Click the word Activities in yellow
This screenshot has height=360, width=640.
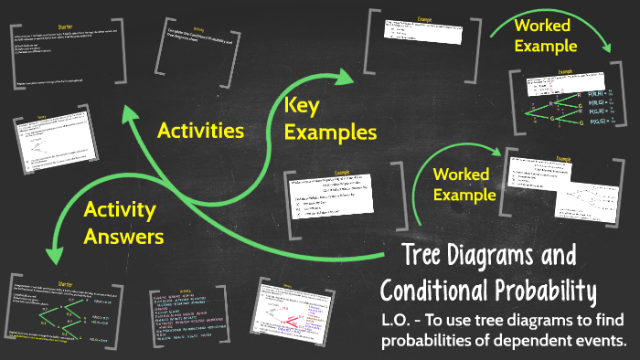pos(200,130)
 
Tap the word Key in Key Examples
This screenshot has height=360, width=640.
pos(303,106)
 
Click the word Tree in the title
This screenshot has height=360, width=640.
pos(431,259)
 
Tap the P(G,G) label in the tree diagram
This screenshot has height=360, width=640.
pos(601,122)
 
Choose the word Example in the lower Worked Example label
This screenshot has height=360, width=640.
pos(464,195)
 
